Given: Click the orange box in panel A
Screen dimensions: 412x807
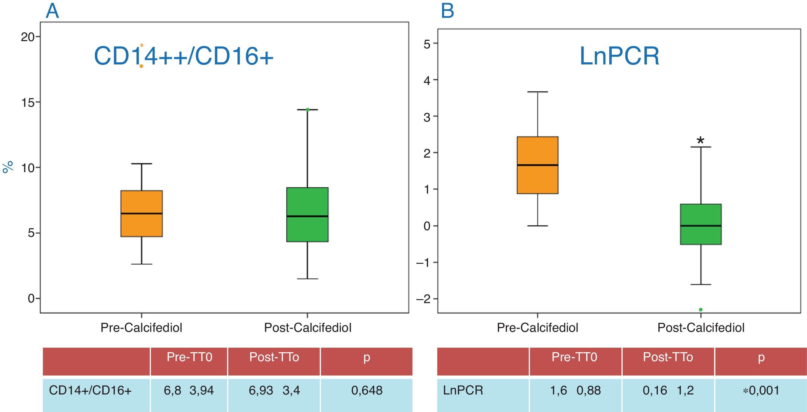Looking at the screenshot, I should [142, 213].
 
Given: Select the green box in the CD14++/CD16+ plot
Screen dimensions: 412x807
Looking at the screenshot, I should [307, 214].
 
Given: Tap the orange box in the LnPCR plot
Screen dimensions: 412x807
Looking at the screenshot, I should [538, 165].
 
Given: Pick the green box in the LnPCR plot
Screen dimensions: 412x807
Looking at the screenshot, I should [701, 224].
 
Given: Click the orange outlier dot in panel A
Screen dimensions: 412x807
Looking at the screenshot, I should [141, 66].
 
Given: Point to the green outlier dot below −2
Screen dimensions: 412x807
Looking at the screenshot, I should [701, 309].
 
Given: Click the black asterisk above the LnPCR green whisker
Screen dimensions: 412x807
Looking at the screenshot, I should [701, 140].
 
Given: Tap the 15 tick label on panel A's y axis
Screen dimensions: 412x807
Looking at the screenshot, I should [28, 103].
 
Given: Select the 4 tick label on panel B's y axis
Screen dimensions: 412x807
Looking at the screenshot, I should [427, 80].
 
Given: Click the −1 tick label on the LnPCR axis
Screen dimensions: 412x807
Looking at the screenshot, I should [423, 263].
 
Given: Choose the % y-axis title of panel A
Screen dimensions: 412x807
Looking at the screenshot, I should [8, 167].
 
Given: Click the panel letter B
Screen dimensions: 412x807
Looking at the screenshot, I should [447, 11].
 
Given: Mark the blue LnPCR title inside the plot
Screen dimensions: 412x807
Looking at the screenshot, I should [619, 56].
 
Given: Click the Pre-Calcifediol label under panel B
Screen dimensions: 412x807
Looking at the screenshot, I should [537, 328].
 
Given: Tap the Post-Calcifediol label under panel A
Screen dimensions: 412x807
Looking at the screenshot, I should [308, 328].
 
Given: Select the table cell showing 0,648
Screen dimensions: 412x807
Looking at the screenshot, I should [366, 391].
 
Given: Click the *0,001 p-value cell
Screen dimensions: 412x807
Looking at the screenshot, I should [761, 391].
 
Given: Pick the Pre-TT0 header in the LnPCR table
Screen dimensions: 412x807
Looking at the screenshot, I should [574, 357].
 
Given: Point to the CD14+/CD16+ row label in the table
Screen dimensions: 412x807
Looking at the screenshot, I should [90, 391].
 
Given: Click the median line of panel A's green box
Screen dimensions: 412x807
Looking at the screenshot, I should [307, 216].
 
